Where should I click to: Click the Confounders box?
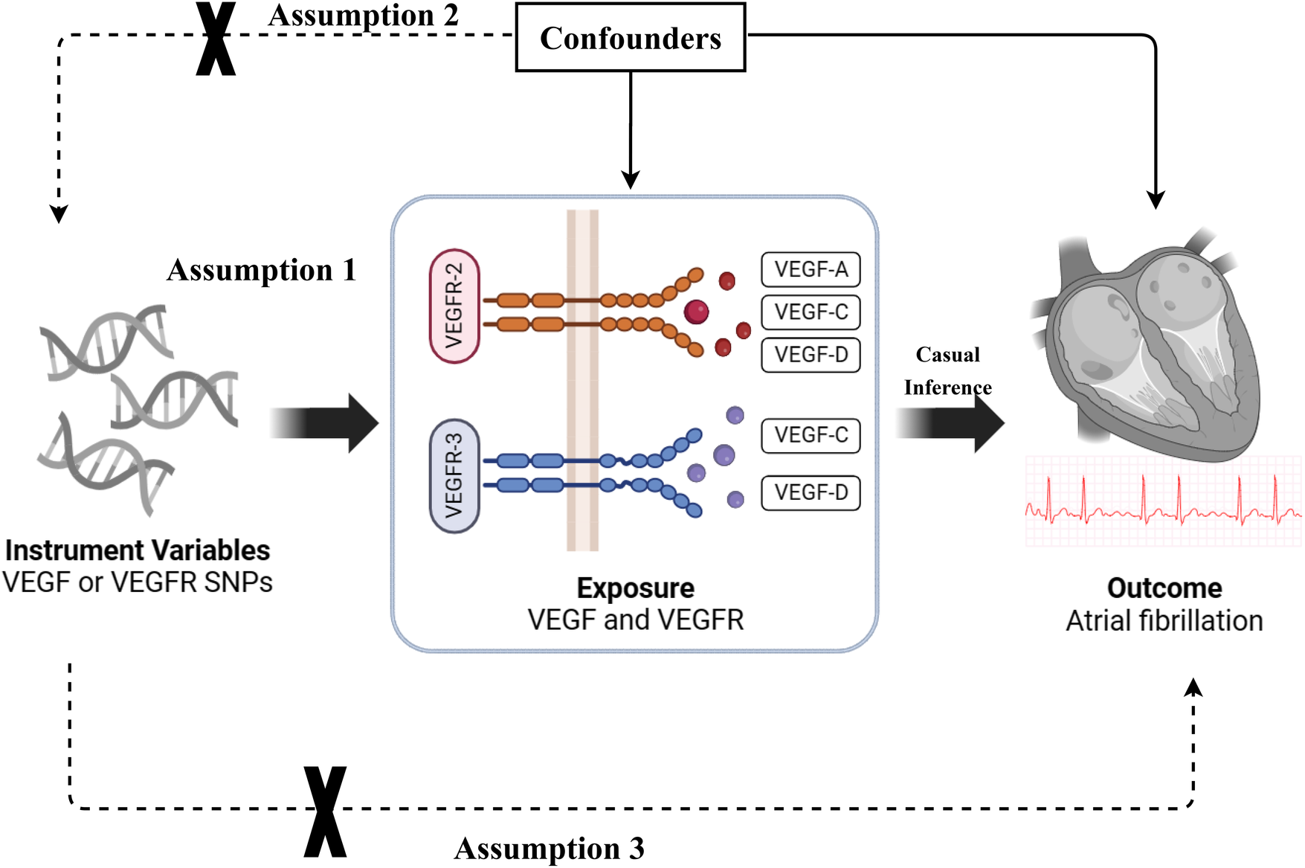pyautogui.click(x=631, y=37)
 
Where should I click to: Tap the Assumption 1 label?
pyautogui.click(x=262, y=270)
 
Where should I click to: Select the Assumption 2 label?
pyautogui.click(x=363, y=16)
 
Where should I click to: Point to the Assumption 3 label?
pyautogui.click(x=549, y=849)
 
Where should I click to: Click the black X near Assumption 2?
pyautogui.click(x=216, y=38)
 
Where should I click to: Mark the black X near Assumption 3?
pyautogui.click(x=326, y=811)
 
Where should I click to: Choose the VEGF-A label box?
pyautogui.click(x=811, y=269)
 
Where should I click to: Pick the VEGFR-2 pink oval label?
pyautogui.click(x=454, y=306)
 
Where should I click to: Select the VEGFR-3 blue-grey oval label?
pyautogui.click(x=454, y=476)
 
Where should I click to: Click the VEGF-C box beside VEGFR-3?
pyautogui.click(x=811, y=435)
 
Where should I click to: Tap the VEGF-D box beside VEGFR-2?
pyautogui.click(x=811, y=355)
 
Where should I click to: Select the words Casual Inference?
pyautogui.click(x=947, y=371)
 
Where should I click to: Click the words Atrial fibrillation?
pyautogui.click(x=1164, y=620)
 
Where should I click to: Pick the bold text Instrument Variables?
pyautogui.click(x=138, y=550)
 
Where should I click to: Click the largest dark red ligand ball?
pyautogui.click(x=696, y=312)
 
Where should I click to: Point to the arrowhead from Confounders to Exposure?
pyautogui.click(x=631, y=180)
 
